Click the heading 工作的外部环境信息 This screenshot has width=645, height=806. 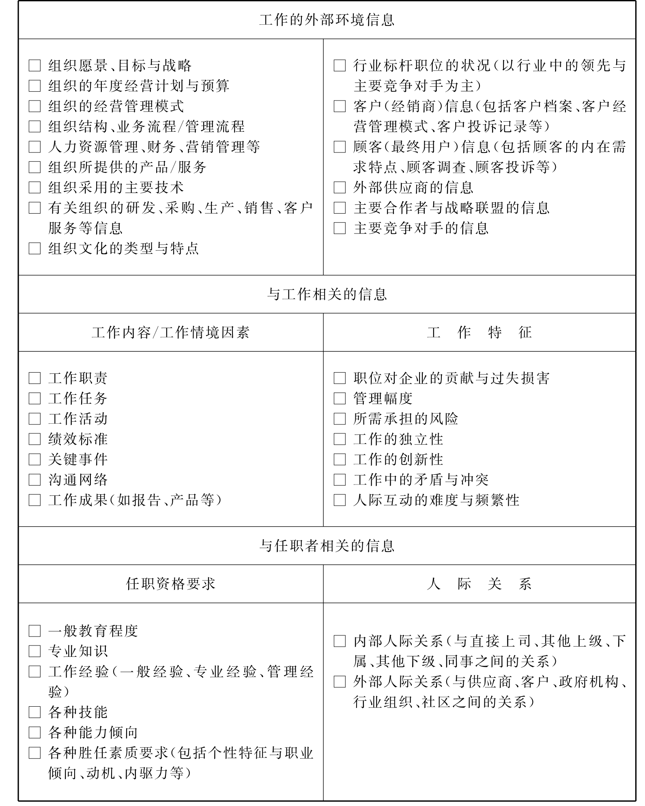(327, 20)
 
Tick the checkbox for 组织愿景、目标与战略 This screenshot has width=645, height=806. (35, 66)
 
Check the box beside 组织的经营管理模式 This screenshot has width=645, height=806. (35, 106)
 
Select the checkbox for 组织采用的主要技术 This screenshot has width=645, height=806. (35, 188)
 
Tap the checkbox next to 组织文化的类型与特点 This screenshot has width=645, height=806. (35, 249)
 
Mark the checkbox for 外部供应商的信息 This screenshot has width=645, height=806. (340, 188)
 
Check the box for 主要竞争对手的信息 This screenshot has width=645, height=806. (340, 228)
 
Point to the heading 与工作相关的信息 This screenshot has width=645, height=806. (327, 294)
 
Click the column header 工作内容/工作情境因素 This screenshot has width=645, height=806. (170, 332)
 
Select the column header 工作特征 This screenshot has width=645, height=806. (479, 332)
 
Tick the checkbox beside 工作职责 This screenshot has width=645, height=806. (35, 378)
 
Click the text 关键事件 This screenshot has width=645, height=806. (78, 459)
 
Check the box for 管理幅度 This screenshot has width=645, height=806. (340, 399)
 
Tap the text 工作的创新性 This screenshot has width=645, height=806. (398, 459)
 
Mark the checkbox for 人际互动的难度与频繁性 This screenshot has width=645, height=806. (340, 500)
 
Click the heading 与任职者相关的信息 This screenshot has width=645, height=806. (327, 546)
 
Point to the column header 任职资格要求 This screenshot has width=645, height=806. (170, 584)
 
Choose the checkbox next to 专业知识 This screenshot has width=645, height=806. (35, 651)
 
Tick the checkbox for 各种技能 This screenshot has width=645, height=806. (35, 712)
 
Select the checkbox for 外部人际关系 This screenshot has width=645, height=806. (340, 682)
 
